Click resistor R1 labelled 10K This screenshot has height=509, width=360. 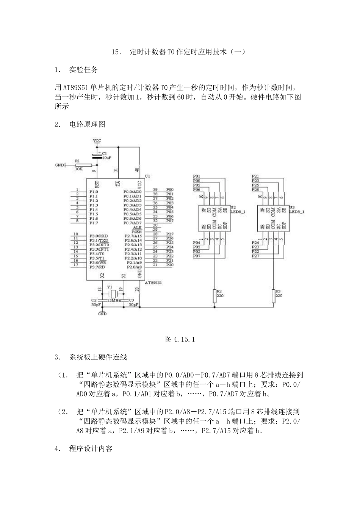(83, 165)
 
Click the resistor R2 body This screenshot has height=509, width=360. (214, 296)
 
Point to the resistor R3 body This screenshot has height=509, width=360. (274, 296)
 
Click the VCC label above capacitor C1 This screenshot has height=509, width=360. (97, 141)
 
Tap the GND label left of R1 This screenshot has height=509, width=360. (59, 166)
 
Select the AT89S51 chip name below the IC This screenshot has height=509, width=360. (154, 283)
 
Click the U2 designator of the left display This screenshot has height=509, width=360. (233, 207)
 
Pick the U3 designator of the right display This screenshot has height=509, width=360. (292, 207)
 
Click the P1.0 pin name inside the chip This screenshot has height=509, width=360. (94, 192)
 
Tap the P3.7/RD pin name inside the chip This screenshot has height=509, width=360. (97, 267)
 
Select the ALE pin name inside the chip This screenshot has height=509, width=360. (137, 227)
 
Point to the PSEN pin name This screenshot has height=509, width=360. (136, 231)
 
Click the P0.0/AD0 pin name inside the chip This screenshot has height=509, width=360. (132, 192)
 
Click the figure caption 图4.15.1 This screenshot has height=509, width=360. (180, 339)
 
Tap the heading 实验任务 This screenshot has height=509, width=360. (83, 70)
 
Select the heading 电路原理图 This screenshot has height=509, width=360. (87, 124)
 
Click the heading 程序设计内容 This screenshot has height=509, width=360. (91, 449)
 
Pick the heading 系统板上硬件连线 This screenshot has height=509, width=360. (98, 357)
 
